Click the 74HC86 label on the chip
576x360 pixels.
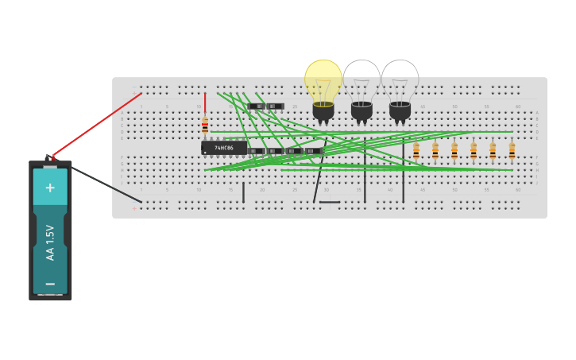[x=224, y=148]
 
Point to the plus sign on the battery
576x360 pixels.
[x=50, y=188]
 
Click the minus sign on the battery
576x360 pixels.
[x=50, y=283]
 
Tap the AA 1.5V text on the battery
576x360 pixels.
[x=50, y=242]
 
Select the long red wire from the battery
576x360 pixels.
[x=95, y=125]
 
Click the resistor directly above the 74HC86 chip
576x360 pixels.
[x=205, y=126]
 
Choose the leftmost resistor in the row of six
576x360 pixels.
[x=416, y=150]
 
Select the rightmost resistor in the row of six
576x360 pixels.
[x=512, y=150]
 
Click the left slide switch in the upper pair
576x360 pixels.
[x=256, y=106]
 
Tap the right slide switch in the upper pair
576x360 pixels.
[x=275, y=106]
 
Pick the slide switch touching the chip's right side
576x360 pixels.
[x=256, y=150]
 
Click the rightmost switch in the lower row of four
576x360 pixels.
[x=314, y=150]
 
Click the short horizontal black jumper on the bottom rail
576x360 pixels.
[x=330, y=202]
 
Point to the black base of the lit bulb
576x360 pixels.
[x=323, y=111]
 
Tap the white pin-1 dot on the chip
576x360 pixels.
[x=205, y=153]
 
